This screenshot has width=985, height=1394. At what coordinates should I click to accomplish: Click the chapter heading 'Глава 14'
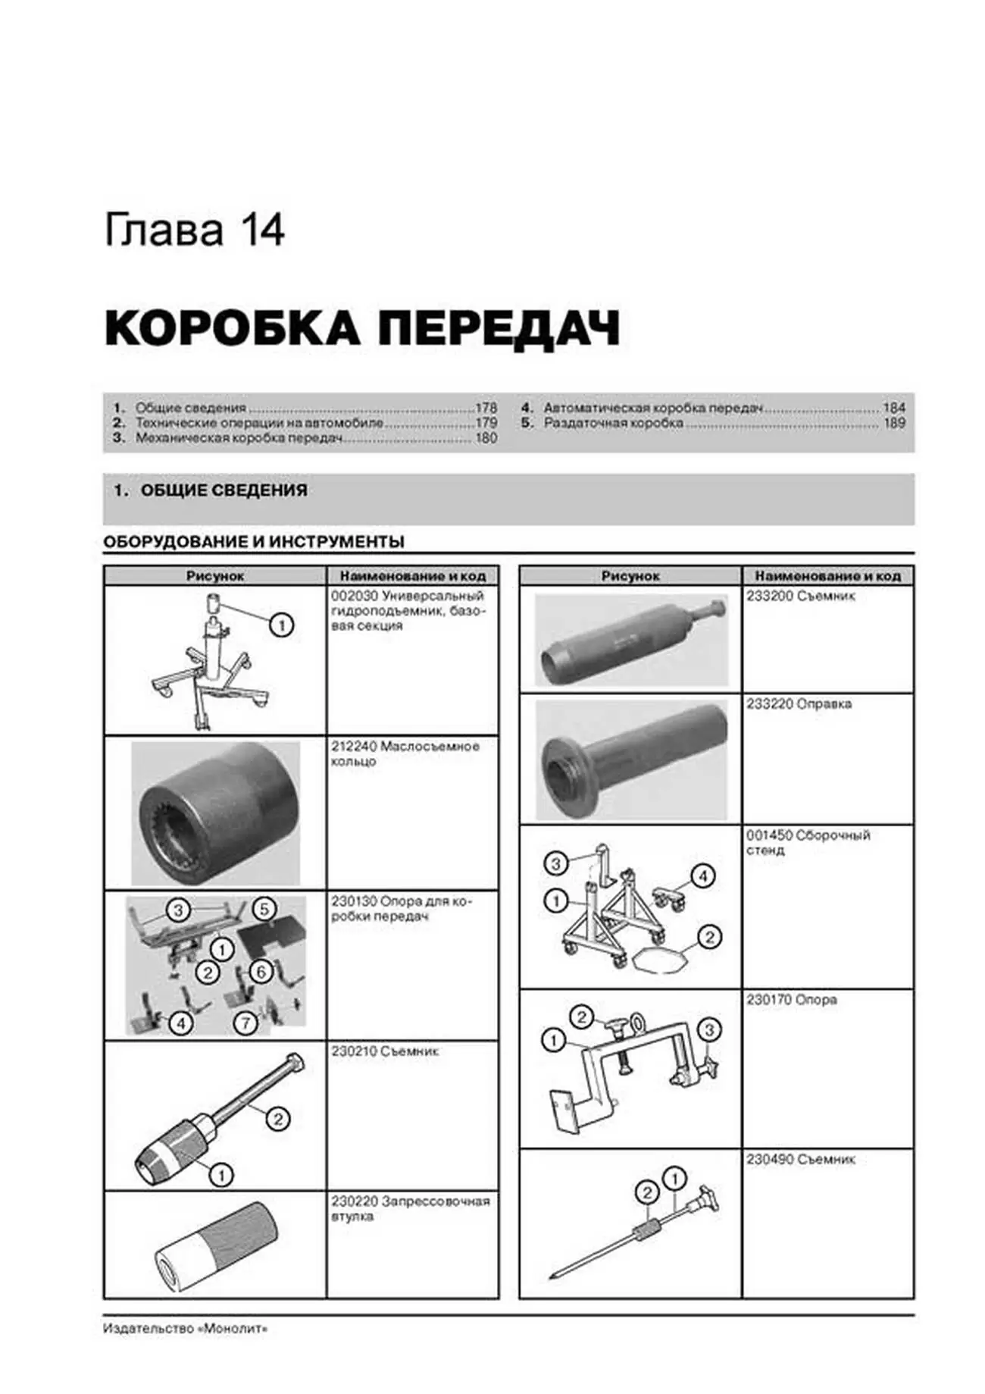(194, 230)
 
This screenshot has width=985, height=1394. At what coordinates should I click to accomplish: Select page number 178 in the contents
(486, 408)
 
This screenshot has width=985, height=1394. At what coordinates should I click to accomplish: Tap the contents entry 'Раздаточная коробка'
(613, 423)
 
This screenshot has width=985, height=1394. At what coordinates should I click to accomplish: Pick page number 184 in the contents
(894, 408)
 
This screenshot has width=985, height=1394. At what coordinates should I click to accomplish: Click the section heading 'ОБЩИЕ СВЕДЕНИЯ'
(224, 490)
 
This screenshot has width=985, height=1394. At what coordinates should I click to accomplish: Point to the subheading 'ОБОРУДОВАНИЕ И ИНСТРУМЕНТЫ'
(253, 542)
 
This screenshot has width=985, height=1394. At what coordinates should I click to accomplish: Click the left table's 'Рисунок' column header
(215, 576)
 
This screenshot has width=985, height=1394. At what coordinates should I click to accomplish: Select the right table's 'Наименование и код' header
(827, 576)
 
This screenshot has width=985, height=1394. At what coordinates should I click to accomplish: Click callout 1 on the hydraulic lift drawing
(281, 625)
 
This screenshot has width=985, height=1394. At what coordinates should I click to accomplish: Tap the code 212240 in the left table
(353, 747)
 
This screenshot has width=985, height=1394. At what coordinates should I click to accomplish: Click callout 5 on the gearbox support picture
(264, 909)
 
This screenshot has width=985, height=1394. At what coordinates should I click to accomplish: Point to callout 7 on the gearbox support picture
(245, 1023)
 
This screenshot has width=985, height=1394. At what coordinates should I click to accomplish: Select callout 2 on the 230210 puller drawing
(278, 1119)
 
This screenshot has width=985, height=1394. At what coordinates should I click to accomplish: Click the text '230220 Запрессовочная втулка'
(410, 1208)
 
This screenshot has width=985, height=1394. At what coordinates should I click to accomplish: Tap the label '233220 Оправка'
(799, 704)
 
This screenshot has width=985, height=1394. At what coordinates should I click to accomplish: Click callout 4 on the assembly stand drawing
(702, 877)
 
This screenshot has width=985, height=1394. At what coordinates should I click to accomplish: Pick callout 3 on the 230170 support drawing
(709, 1029)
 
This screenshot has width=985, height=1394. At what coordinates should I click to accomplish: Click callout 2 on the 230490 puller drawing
(647, 1193)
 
